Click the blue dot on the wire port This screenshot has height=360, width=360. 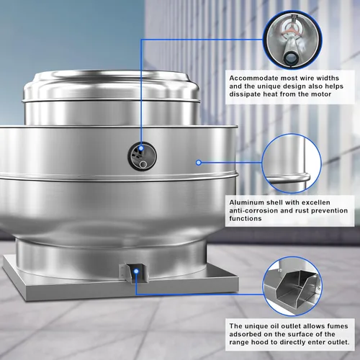click(x=141, y=148)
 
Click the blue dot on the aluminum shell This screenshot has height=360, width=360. click(x=199, y=163)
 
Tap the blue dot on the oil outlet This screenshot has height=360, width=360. click(x=136, y=271)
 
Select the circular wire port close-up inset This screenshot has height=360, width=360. click(x=292, y=40)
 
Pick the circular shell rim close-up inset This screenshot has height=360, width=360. click(x=292, y=163)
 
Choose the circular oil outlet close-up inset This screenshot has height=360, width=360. click(x=292, y=287)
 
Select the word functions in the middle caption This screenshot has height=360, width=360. click(x=246, y=218)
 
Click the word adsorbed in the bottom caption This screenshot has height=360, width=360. click(x=245, y=334)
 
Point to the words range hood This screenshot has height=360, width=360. click(x=249, y=342)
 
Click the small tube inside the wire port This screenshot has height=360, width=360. click(x=143, y=164)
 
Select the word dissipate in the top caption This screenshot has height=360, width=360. click(x=245, y=94)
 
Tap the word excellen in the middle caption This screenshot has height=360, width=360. click(x=316, y=202)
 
